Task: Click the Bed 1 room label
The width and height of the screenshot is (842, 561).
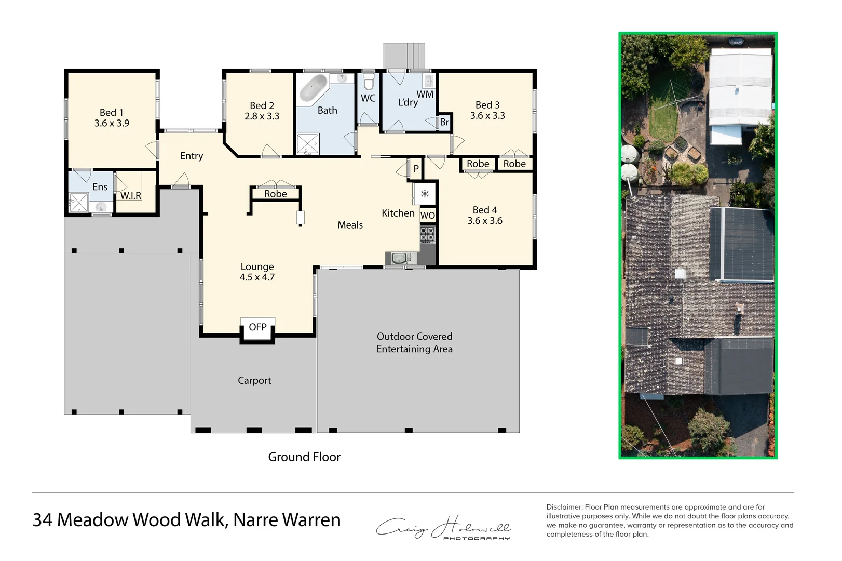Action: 111,113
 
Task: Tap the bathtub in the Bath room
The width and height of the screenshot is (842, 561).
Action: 314,87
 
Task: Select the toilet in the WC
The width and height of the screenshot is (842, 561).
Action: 368,82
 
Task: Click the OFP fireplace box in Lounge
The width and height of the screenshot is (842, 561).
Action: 257,327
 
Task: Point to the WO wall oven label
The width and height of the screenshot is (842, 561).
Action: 427,216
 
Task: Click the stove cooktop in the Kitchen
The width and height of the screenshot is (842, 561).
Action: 427,234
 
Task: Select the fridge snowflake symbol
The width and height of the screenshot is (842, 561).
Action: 425,194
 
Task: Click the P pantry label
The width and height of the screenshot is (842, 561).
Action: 416,169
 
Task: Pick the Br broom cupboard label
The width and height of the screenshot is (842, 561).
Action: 444,123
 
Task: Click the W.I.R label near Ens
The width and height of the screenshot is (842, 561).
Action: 131,196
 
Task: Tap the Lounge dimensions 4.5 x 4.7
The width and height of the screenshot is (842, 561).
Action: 257,277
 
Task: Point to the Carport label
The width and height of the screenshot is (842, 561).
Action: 254,381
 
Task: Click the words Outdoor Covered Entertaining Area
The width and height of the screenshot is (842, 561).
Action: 414,343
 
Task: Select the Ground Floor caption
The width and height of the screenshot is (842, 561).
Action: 304,457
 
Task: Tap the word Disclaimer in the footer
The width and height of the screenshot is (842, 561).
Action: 564,507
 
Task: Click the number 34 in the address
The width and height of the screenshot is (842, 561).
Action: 43,520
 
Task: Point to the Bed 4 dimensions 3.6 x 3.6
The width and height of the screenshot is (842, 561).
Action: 484,221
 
